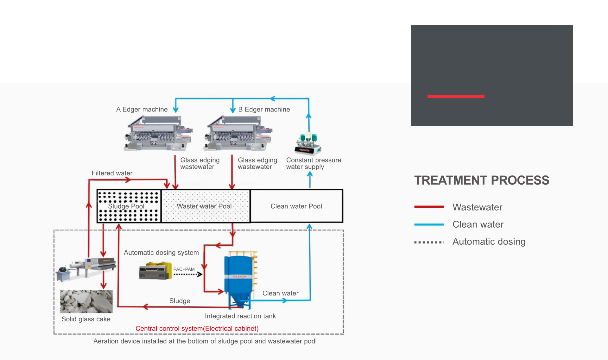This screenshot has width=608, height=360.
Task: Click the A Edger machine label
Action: (x=142, y=110)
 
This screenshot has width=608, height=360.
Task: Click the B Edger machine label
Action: (x=264, y=110)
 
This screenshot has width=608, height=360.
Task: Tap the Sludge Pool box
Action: (x=129, y=206)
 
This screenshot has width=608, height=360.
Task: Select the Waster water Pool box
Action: (x=206, y=206)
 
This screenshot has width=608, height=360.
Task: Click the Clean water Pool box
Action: (x=296, y=206)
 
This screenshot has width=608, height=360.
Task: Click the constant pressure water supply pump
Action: (x=307, y=144)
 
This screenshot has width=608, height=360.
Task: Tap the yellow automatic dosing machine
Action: (x=155, y=271)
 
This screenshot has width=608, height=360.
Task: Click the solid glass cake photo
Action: (x=86, y=301)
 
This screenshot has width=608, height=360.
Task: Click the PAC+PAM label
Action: (x=184, y=269)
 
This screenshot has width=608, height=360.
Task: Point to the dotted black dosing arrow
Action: (x=188, y=275)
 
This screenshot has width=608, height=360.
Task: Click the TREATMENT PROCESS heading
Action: (x=482, y=180)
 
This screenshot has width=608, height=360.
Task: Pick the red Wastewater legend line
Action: (x=429, y=207)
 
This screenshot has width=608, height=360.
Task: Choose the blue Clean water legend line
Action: (x=429, y=224)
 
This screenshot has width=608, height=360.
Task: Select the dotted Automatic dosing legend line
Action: (x=429, y=242)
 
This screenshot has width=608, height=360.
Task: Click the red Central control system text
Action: (x=197, y=329)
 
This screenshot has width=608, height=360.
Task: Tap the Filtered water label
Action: (x=112, y=173)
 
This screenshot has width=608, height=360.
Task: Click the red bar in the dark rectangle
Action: (x=456, y=97)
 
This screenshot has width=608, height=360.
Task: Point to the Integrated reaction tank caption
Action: (x=240, y=316)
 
